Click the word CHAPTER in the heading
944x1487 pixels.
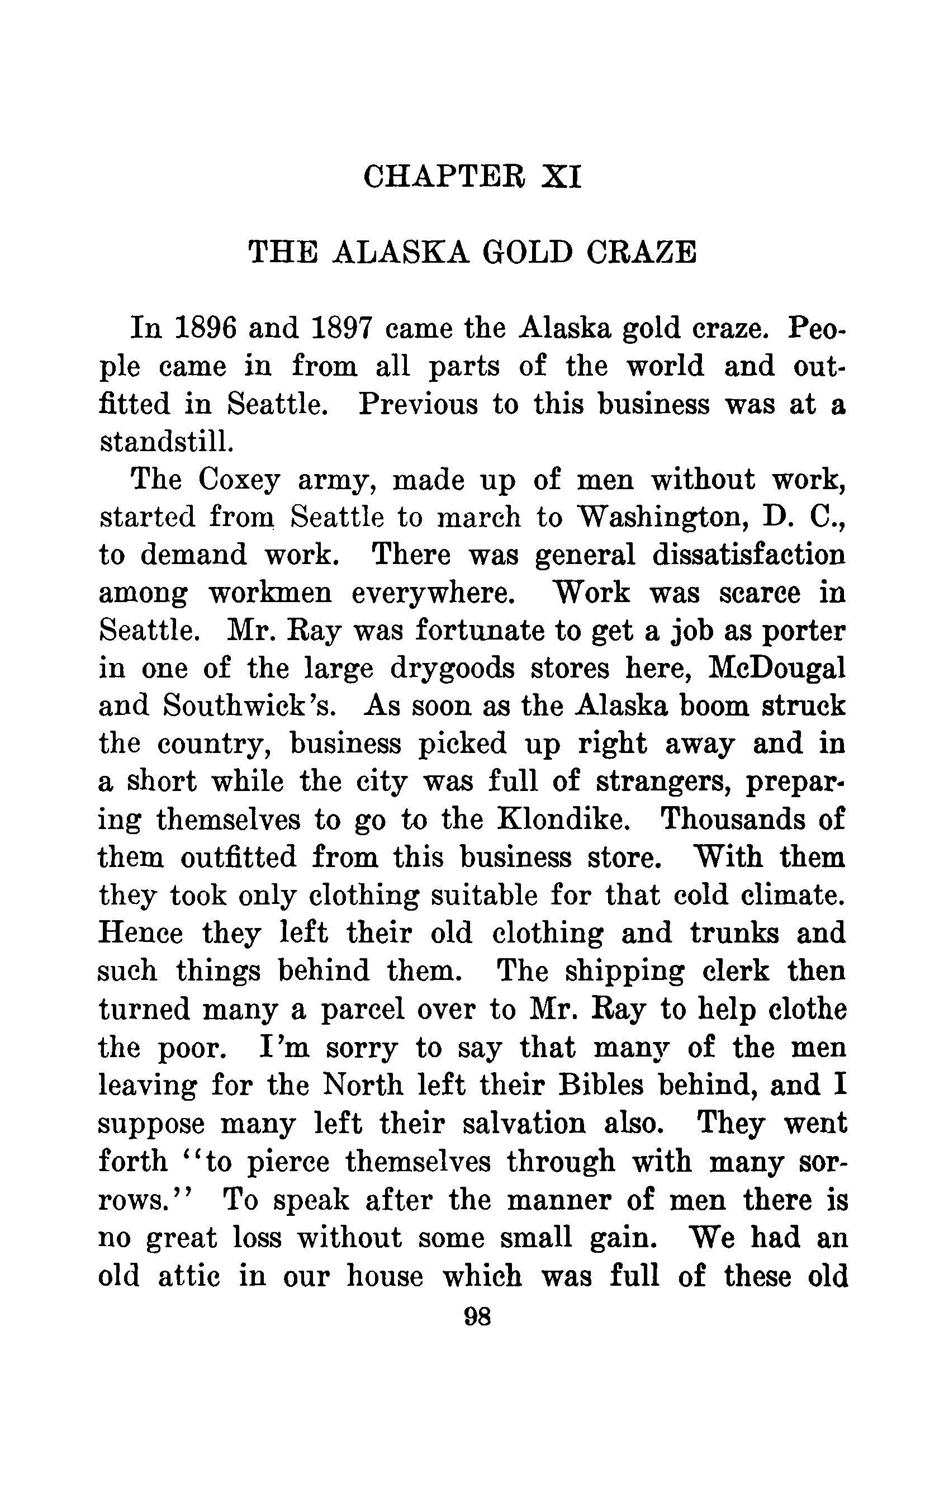pyautogui.click(x=447, y=177)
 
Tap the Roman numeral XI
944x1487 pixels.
pyautogui.click(x=561, y=177)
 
